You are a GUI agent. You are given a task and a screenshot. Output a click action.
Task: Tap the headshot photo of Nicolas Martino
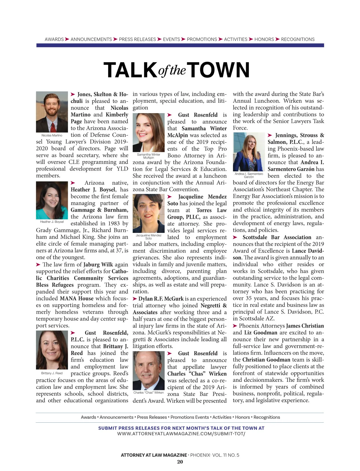coord(52,112)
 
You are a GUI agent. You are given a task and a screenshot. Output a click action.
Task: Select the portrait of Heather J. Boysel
coord(52,200)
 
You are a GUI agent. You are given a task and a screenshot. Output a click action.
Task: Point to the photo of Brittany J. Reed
coord(52,350)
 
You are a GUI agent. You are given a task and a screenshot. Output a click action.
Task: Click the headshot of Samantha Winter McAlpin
coord(148,132)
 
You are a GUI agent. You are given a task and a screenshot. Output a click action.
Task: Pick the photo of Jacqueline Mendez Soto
coord(148,213)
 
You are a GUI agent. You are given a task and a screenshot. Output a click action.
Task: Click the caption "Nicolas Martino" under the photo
coord(52,135)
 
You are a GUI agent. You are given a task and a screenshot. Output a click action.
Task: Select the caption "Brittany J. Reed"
coord(52,373)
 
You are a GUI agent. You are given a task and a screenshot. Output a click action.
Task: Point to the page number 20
coord(180,462)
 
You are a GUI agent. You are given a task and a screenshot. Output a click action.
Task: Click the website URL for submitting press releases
coord(181,434)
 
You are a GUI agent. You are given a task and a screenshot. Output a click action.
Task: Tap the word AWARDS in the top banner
coord(54,39)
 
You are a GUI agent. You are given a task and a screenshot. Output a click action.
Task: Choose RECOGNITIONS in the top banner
coord(298,39)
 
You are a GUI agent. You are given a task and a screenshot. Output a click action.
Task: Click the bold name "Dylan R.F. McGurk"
coord(161,299)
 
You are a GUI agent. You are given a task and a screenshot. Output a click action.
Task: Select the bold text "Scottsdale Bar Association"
coord(277,237)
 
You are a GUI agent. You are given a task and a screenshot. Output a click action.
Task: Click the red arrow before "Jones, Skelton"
coord(73,94)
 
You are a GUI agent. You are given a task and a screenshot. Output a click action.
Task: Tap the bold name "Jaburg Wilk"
coord(98,264)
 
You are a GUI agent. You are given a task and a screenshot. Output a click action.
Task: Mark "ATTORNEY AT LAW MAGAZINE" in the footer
coord(154,455)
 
